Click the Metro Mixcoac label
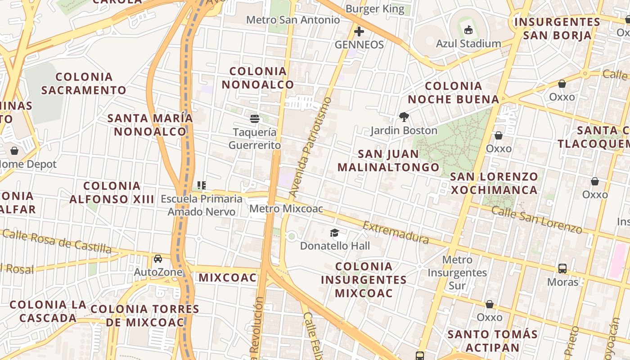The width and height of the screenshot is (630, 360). [x=286, y=209]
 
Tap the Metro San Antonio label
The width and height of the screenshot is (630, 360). [x=293, y=20]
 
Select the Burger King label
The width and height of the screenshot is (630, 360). [x=375, y=9]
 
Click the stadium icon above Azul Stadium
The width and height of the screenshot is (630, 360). [x=468, y=30]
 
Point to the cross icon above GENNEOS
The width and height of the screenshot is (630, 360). [x=359, y=31]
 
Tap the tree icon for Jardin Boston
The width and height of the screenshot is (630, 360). [x=404, y=117]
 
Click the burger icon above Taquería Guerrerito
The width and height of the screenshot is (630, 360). [x=255, y=119]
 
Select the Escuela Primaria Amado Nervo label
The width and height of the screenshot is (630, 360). [x=202, y=205]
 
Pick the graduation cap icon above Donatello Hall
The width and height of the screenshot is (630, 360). [x=334, y=233]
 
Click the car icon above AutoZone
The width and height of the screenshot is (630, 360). [x=158, y=259]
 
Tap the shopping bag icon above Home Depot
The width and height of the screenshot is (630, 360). [x=14, y=151]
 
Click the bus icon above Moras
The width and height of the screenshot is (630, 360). [x=562, y=269]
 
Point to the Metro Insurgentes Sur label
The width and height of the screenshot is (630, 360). [x=457, y=272]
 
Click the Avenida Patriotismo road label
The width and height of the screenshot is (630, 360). [x=310, y=147]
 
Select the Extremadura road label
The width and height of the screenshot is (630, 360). [x=396, y=232]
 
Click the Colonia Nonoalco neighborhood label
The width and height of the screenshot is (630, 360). [x=258, y=78]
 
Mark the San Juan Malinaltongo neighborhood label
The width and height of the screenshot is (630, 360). [x=388, y=161]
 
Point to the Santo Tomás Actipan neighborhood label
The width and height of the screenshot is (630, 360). [x=493, y=341]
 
